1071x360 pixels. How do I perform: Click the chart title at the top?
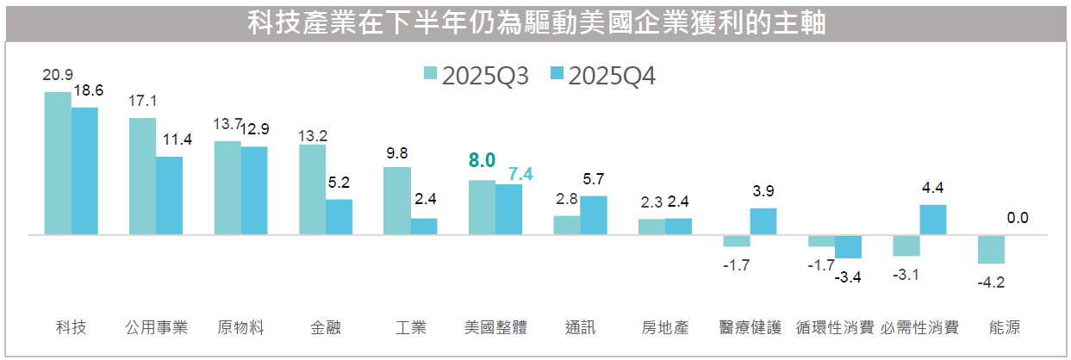pos(536,22)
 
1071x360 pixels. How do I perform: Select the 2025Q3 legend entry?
pos(476,76)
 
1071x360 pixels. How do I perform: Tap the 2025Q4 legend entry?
pos(602,76)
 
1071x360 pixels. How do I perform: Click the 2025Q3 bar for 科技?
pos(58,163)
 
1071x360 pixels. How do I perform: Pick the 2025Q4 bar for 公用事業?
pos(170,196)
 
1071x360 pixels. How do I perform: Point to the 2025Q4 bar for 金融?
pos(339,217)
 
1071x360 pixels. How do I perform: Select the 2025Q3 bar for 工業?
pos(397,201)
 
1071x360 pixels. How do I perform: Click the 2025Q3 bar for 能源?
pos(991,249)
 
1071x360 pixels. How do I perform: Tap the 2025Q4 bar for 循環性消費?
pos(848,246)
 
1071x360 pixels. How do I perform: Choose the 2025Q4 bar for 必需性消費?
pos(933,220)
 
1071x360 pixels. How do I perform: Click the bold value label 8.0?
pos(482,160)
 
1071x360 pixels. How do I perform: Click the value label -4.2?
pos(991,281)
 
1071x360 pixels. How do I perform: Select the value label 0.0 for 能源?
pos(1018,218)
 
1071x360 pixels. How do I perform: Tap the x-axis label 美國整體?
pos(495,328)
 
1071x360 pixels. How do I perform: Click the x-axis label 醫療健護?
pos(750,328)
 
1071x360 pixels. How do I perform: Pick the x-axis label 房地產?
pos(665,328)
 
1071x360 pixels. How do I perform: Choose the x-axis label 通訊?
pos(580,328)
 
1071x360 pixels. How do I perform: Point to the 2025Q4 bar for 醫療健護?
pos(763,221)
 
